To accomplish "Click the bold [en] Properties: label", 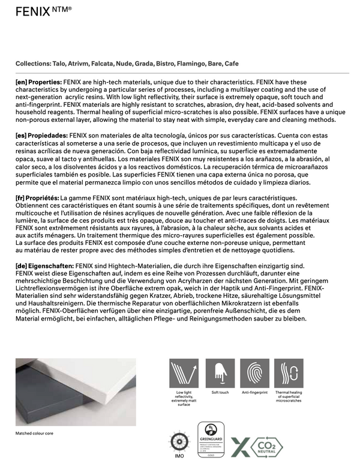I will [x=38, y=81].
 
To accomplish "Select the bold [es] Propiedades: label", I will [x=41, y=136].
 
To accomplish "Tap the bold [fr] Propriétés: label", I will [x=37, y=198].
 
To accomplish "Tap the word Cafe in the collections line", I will [x=232, y=63].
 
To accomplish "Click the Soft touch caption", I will [x=220, y=393].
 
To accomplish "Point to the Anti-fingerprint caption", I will [x=256, y=393].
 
